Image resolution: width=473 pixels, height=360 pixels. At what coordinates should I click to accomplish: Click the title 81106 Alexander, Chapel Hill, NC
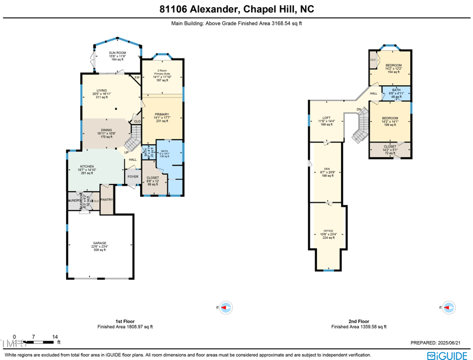(x=237, y=9)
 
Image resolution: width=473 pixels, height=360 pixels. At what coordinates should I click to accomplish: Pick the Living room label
(x=102, y=93)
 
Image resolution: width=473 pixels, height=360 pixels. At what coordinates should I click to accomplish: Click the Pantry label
(x=107, y=200)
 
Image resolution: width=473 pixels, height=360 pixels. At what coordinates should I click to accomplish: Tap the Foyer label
(x=133, y=176)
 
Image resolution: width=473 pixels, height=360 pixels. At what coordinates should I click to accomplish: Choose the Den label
(x=328, y=172)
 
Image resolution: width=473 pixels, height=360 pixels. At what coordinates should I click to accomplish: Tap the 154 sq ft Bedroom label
(x=393, y=68)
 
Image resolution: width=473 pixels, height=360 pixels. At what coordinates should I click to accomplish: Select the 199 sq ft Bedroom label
(x=390, y=121)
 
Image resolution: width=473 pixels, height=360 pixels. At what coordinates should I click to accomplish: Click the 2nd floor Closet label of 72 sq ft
(x=390, y=150)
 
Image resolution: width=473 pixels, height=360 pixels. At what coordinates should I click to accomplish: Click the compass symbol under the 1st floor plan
(x=226, y=307)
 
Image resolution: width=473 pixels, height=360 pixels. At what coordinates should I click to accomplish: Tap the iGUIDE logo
(x=448, y=355)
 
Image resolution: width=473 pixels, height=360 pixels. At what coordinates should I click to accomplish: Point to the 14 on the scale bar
(x=55, y=336)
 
